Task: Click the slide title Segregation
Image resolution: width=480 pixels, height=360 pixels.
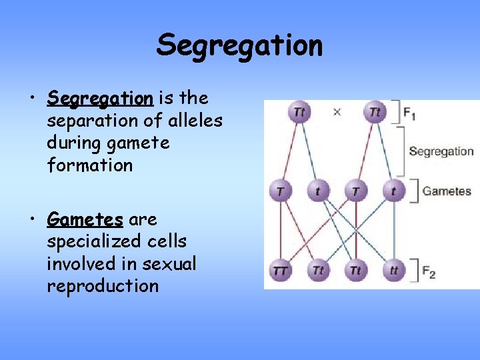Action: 239,46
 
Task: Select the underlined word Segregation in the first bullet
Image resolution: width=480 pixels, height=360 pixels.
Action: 100,99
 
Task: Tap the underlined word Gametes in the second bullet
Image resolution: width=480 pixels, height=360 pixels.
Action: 85,219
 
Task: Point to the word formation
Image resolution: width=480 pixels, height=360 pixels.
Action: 90,165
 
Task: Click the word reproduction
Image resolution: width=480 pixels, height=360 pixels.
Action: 103,286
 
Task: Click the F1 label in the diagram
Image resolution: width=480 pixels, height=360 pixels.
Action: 409,113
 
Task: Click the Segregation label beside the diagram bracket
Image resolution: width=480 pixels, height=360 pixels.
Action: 441,151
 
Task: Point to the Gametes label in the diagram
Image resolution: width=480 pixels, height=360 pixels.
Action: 446,191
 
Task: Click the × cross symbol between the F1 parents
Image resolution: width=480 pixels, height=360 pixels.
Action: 337,112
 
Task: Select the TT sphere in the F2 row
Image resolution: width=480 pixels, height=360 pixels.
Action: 281,271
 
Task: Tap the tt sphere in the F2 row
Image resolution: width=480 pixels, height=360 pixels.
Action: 394,271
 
